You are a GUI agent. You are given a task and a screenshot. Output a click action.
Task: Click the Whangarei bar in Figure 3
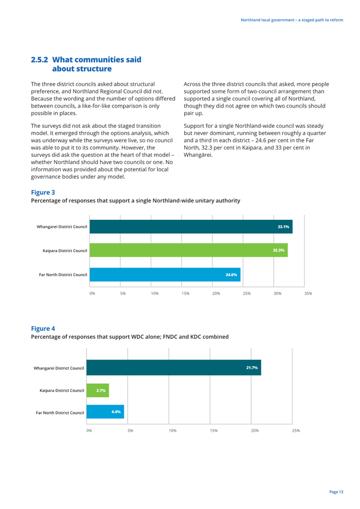click(191, 227)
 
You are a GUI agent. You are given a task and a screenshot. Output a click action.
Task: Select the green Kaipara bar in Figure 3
click(189, 250)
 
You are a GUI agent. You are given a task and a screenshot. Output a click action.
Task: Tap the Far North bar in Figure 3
click(165, 275)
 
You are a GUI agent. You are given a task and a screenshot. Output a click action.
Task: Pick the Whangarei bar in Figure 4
click(174, 367)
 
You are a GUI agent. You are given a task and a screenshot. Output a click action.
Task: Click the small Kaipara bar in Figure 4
click(98, 390)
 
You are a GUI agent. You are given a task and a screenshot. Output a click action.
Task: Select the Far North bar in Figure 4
click(105, 412)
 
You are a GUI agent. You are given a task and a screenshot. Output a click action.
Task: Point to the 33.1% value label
click(284, 227)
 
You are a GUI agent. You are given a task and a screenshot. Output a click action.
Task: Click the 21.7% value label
click(252, 368)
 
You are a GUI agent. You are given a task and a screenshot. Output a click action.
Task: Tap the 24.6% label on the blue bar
click(231, 275)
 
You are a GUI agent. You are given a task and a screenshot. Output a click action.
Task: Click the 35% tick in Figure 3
click(308, 294)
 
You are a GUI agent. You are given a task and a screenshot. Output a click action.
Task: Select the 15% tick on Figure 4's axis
click(214, 431)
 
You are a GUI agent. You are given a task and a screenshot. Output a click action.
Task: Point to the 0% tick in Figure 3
click(92, 294)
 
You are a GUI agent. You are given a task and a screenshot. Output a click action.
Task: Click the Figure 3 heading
click(43, 193)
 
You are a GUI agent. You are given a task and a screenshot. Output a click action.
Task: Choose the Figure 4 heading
click(43, 329)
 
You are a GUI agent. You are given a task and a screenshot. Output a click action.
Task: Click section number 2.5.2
click(40, 60)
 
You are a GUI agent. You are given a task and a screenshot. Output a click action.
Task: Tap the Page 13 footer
click(337, 492)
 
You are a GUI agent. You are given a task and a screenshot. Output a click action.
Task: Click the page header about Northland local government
click(292, 20)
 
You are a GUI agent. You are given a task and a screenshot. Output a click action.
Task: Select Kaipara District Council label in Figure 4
click(62, 391)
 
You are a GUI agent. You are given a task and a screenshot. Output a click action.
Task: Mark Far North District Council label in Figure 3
click(63, 275)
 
